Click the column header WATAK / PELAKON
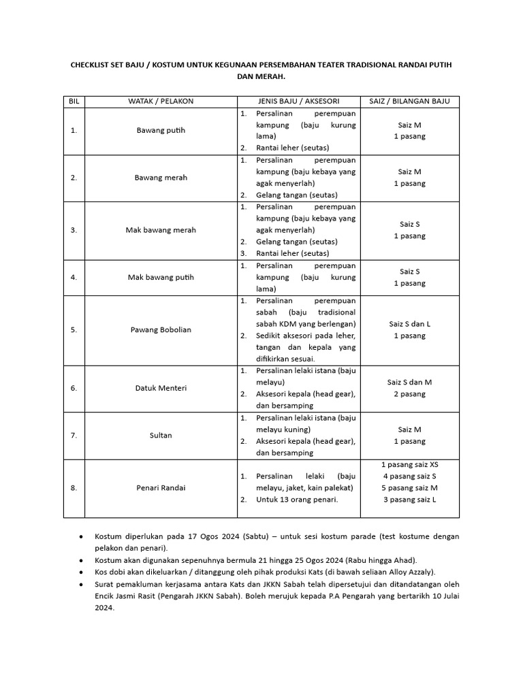point(161,101)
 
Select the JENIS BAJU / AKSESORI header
point(298,101)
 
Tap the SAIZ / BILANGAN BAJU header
point(409,101)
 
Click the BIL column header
point(74,101)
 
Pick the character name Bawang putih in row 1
point(161,131)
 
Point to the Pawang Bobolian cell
point(161,330)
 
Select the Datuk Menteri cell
point(161,389)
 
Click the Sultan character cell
point(161,435)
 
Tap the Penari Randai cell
point(161,488)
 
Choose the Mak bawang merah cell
point(161,230)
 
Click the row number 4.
point(74,277)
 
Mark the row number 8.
point(74,488)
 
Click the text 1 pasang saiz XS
point(409,464)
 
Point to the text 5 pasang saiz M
point(409,488)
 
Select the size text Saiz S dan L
point(409,324)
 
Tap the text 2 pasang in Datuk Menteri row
point(409,394)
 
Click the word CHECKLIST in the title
point(95,64)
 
